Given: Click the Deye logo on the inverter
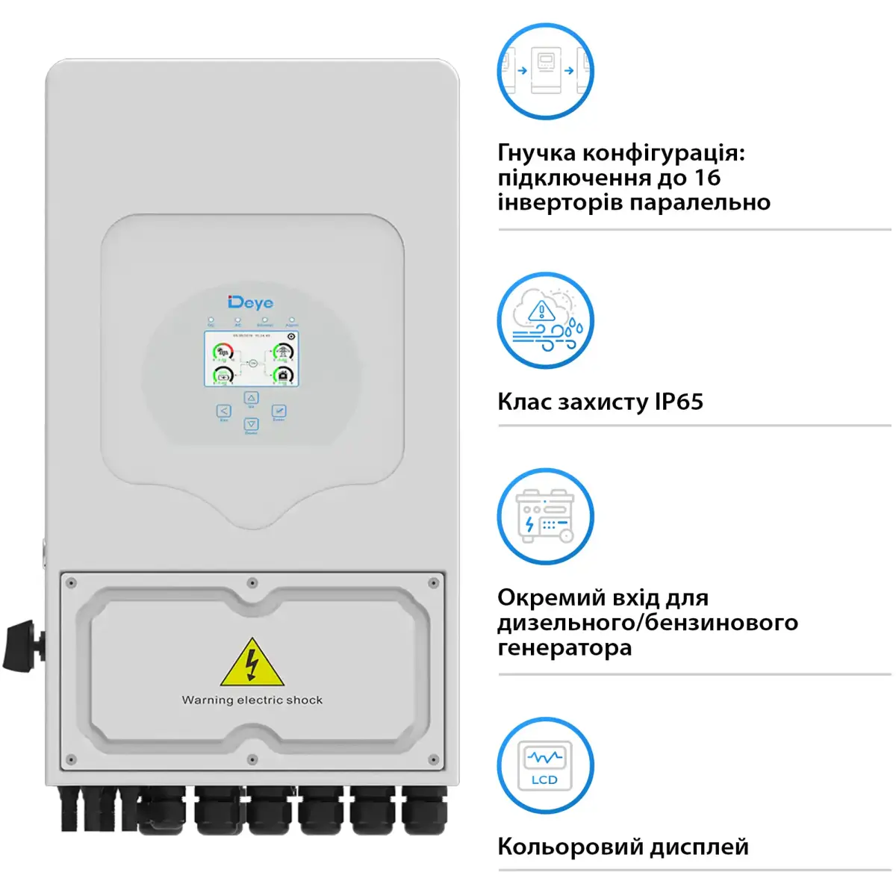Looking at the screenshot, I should [251, 302].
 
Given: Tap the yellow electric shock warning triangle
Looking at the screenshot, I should [252, 664].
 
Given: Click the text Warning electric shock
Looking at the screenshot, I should [252, 700].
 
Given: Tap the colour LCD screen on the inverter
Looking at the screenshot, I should [252, 359].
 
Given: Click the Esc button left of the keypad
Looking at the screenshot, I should [224, 411].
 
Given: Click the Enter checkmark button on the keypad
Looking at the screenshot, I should [279, 411].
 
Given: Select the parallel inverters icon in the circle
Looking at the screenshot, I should [546, 71].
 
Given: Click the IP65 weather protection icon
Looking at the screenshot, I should [546, 320].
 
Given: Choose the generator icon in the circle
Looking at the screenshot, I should [546, 517].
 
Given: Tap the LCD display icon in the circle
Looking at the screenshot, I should [546, 766].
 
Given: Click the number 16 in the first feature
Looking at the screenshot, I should [707, 178].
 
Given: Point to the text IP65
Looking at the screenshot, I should [679, 402].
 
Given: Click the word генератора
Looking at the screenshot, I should [564, 647].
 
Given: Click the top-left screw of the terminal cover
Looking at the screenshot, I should [72, 583].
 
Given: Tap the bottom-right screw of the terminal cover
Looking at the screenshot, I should [433, 760].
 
